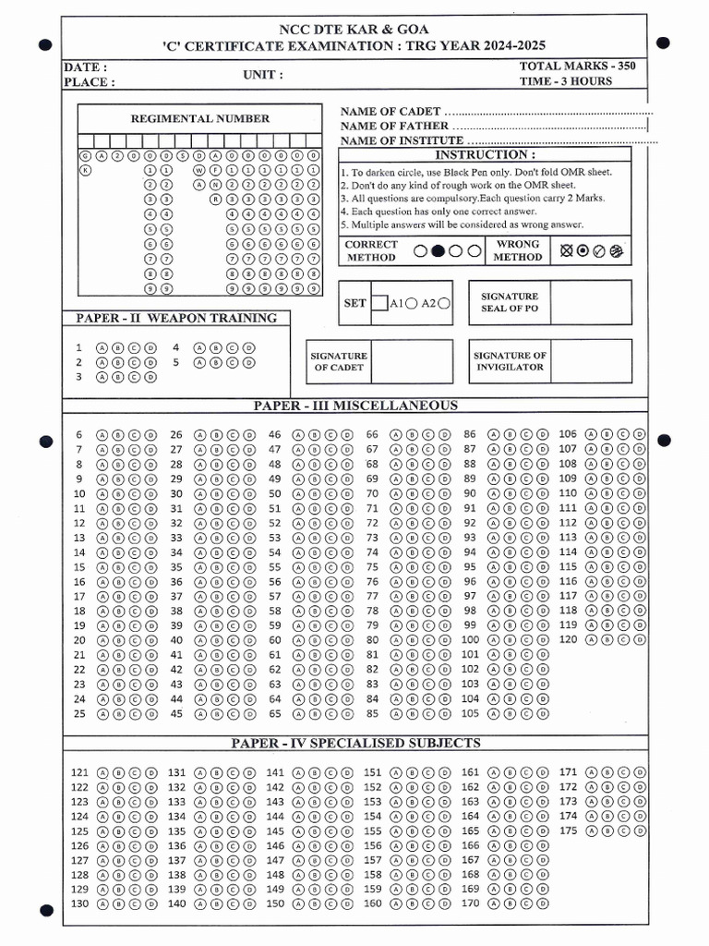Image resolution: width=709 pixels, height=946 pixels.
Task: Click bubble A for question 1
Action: pyautogui.click(x=102, y=348)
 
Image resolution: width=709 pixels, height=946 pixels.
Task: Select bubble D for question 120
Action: pyautogui.click(x=640, y=639)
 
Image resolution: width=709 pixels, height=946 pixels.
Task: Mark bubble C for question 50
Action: pyautogui.click(x=330, y=493)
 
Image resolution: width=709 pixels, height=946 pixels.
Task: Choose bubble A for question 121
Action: pyautogui.click(x=102, y=771)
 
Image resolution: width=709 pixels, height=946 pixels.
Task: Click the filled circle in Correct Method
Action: pyautogui.click(x=439, y=250)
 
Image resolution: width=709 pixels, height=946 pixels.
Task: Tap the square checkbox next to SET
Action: pyautogui.click(x=379, y=302)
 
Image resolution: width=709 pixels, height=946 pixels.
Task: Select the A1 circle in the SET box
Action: pyautogui.click(x=410, y=303)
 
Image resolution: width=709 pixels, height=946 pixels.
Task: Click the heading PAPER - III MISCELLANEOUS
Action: pyautogui.click(x=355, y=406)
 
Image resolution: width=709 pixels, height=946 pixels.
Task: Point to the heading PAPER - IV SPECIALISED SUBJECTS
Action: pyautogui.click(x=355, y=743)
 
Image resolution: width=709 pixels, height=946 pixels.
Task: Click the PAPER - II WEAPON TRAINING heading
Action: pyautogui.click(x=176, y=318)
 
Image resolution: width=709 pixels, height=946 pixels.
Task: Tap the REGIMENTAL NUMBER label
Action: pyautogui.click(x=200, y=118)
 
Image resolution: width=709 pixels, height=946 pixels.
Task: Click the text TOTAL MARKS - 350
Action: pyautogui.click(x=577, y=66)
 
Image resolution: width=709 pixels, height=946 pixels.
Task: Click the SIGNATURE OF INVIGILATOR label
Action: pyautogui.click(x=510, y=361)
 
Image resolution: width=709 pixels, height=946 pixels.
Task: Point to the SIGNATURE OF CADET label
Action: pyautogui.click(x=339, y=361)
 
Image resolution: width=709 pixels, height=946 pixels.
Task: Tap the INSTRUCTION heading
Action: pyautogui.click(x=485, y=155)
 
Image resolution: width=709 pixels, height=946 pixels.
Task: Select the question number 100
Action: pyautogui.click(x=470, y=639)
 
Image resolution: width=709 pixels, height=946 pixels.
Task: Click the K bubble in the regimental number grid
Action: pyautogui.click(x=86, y=171)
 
